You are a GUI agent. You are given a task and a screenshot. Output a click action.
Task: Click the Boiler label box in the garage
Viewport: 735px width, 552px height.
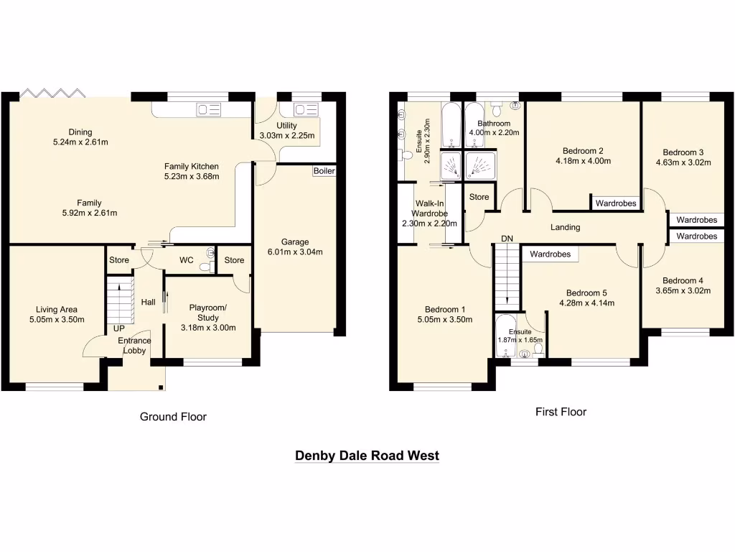[x=324, y=171]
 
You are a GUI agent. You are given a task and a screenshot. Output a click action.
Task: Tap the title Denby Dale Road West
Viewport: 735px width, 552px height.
[x=367, y=456]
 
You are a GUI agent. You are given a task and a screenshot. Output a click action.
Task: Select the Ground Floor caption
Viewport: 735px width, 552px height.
[x=173, y=416]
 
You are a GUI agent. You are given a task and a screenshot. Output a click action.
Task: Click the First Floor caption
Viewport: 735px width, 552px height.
[x=561, y=412]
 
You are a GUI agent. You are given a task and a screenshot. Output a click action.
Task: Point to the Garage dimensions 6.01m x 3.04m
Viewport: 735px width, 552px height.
[x=295, y=252]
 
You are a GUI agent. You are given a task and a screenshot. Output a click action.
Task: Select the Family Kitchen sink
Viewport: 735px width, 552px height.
[x=209, y=110]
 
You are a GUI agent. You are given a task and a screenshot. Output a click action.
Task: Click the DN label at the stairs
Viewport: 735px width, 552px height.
[x=507, y=239]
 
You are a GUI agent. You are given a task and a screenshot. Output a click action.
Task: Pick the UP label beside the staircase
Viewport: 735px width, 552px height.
[x=119, y=328]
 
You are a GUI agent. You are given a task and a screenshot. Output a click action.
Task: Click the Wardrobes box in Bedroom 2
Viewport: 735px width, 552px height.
[x=616, y=203]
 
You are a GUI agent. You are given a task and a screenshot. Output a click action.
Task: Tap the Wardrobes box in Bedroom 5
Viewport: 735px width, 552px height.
[x=551, y=254]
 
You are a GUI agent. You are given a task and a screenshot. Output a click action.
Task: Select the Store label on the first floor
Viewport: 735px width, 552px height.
[x=479, y=197]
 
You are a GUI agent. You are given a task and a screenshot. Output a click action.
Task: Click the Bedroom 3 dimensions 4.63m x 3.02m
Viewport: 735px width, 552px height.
[x=686, y=162]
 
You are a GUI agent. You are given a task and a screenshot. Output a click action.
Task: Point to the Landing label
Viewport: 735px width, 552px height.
[x=565, y=228]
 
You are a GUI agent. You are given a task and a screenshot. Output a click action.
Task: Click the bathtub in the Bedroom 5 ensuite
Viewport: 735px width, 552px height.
[x=505, y=336]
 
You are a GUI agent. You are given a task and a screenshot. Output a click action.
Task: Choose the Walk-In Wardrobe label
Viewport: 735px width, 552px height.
[x=429, y=213]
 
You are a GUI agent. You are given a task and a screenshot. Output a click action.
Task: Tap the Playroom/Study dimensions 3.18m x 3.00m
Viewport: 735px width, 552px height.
[x=207, y=328]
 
